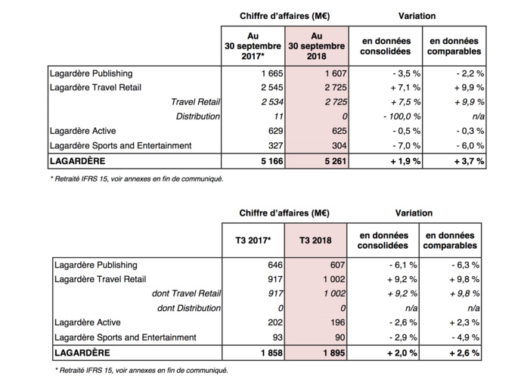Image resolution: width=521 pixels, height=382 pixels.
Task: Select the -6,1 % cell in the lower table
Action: (x=395, y=266)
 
